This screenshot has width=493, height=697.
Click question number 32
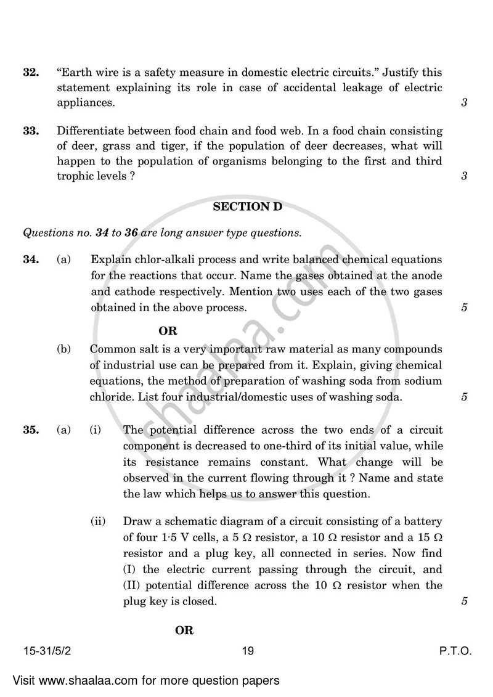click(31, 73)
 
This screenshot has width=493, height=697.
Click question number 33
click(31, 131)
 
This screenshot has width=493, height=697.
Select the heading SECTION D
click(247, 207)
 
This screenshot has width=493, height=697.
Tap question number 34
click(31, 260)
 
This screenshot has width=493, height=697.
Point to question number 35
click(31, 430)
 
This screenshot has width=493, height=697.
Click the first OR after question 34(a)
click(168, 331)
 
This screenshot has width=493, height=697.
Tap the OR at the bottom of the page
click(184, 630)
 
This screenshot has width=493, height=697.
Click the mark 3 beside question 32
click(463, 103)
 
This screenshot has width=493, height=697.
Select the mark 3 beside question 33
click(463, 176)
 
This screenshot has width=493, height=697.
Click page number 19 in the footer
click(248, 651)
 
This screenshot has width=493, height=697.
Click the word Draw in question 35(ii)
click(136, 521)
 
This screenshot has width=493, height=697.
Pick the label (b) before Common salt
click(64, 349)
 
